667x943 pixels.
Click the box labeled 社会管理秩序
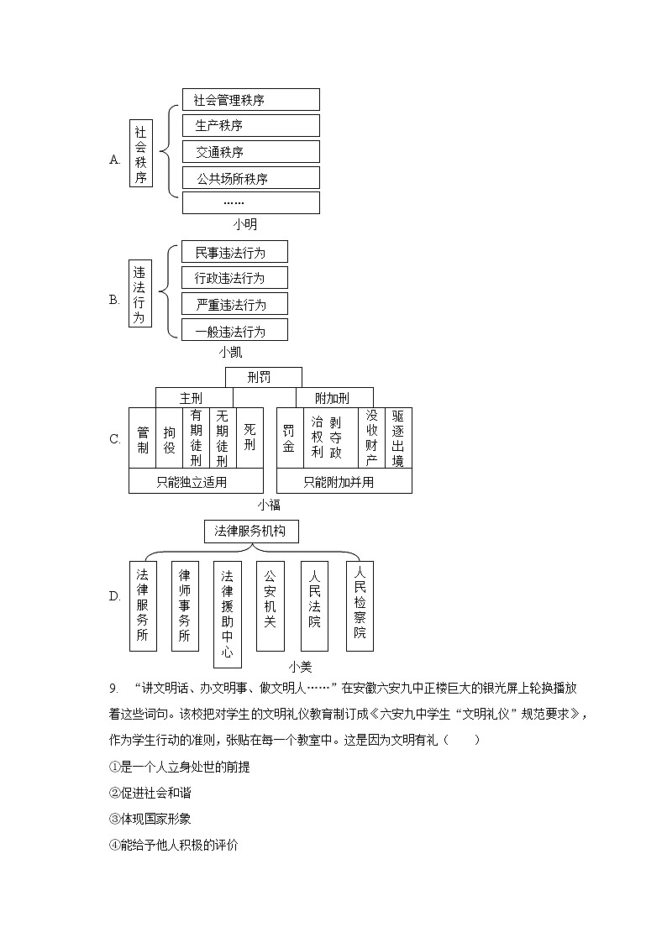tap(250, 100)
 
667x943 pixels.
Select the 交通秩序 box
tap(250, 152)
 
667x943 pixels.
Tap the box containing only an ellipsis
tap(250, 203)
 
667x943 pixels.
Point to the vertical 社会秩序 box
tap(141, 155)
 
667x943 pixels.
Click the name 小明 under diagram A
tap(245, 224)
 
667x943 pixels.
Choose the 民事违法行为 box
tap(234, 252)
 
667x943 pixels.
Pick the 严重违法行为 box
tap(234, 304)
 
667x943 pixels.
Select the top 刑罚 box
tap(262, 378)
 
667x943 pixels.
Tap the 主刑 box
tap(193, 398)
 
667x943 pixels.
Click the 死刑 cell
tap(249, 437)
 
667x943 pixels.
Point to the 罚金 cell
tap(289, 437)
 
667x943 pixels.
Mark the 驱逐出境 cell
tap(398, 437)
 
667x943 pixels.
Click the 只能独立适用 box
tap(195, 482)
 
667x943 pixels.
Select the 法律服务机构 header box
tap(250, 532)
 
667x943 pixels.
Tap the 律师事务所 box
tap(185, 605)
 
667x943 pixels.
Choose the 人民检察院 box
tap(360, 605)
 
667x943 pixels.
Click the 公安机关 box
tap(270, 605)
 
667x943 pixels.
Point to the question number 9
tap(113, 689)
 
